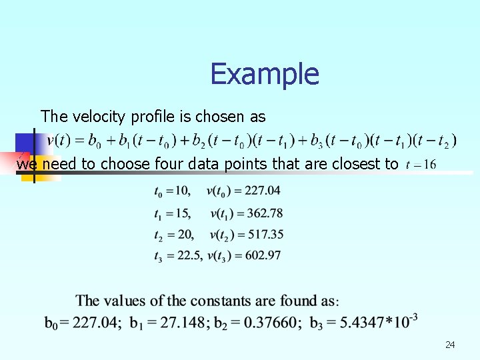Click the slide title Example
pyautogui.click(x=265, y=74)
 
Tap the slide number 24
pyautogui.click(x=450, y=345)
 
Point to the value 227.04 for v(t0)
pyautogui.click(x=262, y=191)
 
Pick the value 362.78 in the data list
pyautogui.click(x=262, y=213)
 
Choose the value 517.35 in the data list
pyautogui.click(x=262, y=235)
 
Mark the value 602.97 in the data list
pyautogui.click(x=262, y=256)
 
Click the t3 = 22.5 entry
pyautogui.click(x=177, y=256)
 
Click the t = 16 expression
pyautogui.click(x=421, y=165)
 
